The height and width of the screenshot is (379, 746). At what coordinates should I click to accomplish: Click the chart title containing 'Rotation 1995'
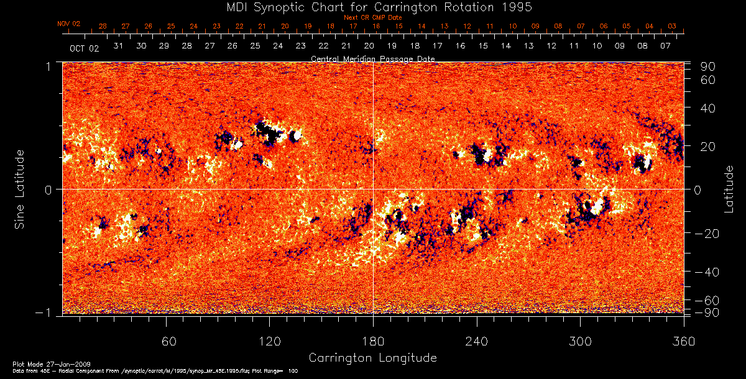tap(373, 7)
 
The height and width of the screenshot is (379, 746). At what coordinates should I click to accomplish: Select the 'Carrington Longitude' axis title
tap(372, 358)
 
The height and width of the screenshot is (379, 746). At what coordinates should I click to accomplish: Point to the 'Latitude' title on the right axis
tap(729, 189)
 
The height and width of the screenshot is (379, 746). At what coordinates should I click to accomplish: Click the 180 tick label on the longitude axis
tap(373, 341)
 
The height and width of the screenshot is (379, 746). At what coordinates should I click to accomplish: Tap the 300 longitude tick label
tap(580, 341)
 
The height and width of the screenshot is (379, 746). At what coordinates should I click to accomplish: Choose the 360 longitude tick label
tap(683, 341)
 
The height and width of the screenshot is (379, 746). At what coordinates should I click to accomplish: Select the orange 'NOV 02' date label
tap(69, 24)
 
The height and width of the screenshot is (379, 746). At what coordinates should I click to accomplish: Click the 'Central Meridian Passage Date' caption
tap(372, 58)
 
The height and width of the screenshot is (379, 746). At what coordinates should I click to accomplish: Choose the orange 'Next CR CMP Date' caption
tap(372, 17)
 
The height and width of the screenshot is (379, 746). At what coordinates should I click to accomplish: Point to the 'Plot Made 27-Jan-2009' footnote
tap(42, 363)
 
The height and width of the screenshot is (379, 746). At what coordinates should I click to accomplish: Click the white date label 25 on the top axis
tap(255, 46)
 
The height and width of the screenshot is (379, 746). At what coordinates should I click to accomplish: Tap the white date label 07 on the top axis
tap(665, 46)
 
